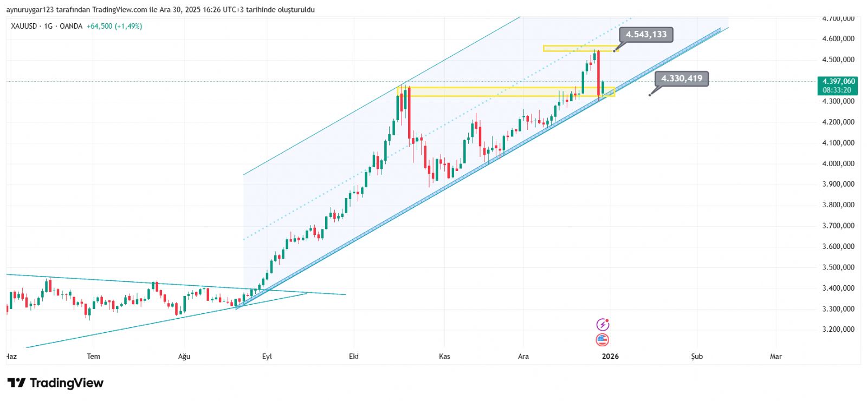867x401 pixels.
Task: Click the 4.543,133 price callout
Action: pyautogui.click(x=646, y=35)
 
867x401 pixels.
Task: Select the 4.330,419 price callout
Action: pyautogui.click(x=681, y=78)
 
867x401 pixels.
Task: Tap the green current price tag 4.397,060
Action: pyautogui.click(x=838, y=86)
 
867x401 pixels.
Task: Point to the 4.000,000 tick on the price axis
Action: pyautogui.click(x=838, y=163)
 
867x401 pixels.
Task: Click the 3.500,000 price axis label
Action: pyautogui.click(x=838, y=267)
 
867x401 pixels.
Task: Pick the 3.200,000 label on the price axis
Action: pyautogui.click(x=838, y=329)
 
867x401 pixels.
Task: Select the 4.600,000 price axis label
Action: pyautogui.click(x=838, y=39)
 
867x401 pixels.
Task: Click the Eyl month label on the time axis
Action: pyautogui.click(x=267, y=356)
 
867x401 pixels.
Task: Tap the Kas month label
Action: pyautogui.click(x=444, y=356)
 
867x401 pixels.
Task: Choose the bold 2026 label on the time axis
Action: pyautogui.click(x=610, y=356)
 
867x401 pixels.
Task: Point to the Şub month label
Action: pyautogui.click(x=697, y=356)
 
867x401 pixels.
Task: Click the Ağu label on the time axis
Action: pyautogui.click(x=184, y=356)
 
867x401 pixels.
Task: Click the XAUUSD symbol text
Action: pyautogui.click(x=24, y=26)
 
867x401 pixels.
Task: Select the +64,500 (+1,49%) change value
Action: pyautogui.click(x=114, y=26)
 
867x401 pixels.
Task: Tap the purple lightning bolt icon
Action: pyautogui.click(x=603, y=325)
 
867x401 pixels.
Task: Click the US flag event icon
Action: pyautogui.click(x=603, y=340)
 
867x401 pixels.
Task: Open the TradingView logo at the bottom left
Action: pyautogui.click(x=55, y=383)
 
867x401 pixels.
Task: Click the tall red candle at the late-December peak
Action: pyautogui.click(x=599, y=73)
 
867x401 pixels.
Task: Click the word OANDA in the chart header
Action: pyautogui.click(x=71, y=26)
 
